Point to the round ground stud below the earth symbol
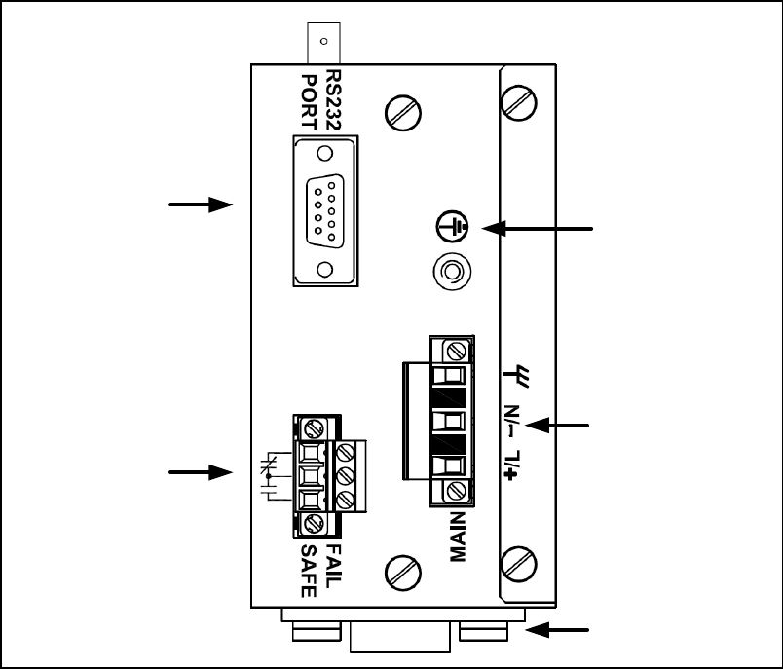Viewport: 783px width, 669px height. (x=450, y=273)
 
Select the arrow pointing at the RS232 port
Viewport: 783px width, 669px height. (x=201, y=204)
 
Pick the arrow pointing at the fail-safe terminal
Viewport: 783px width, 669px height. (x=201, y=472)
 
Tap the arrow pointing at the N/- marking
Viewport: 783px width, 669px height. (x=565, y=425)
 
